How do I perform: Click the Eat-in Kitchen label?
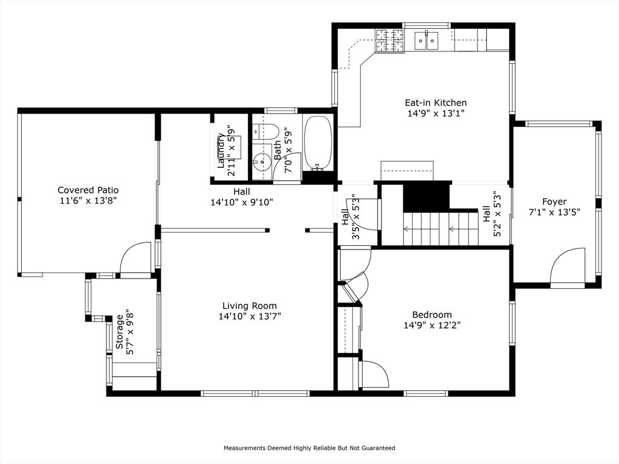[x=436, y=103]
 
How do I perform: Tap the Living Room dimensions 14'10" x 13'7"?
[x=250, y=317]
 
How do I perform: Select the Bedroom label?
[x=432, y=315]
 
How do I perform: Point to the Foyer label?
[x=554, y=202]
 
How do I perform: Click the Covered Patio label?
[x=88, y=190]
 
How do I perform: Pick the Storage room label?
[x=119, y=332]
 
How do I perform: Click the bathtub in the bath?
[x=318, y=143]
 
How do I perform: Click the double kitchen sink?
[x=426, y=40]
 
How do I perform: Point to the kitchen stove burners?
[x=390, y=42]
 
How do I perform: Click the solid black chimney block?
[x=426, y=196]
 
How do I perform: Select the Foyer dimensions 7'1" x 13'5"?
[x=554, y=212]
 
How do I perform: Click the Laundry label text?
[x=221, y=150]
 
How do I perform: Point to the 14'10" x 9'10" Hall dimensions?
[x=242, y=202]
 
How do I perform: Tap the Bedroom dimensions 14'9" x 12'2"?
[x=432, y=326]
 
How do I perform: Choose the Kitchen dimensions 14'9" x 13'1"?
[x=436, y=114]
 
